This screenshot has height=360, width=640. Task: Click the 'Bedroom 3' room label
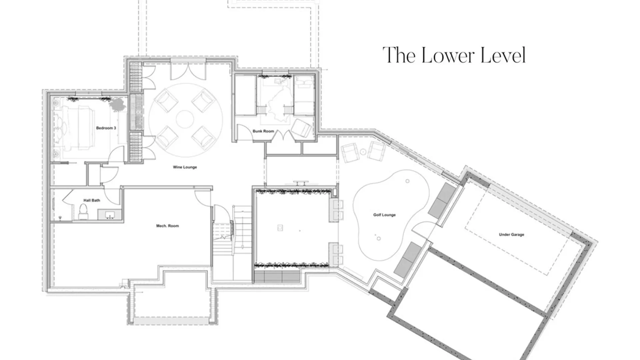[106, 128]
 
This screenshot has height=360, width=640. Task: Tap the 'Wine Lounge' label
[185, 167]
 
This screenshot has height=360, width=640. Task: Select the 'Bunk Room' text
[263, 131]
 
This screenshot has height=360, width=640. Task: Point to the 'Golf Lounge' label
[384, 215]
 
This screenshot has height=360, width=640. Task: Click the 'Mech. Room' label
[167, 226]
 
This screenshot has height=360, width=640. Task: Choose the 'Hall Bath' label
[92, 200]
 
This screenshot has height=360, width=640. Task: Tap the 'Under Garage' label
[511, 234]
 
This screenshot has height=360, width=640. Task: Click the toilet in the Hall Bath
[83, 212]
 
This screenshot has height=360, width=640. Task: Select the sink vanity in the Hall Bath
[110, 214]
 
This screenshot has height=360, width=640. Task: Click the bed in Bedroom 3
[77, 128]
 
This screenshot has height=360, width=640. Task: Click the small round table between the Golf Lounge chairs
[363, 152]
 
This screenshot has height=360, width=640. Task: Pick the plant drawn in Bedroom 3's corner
[117, 104]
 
